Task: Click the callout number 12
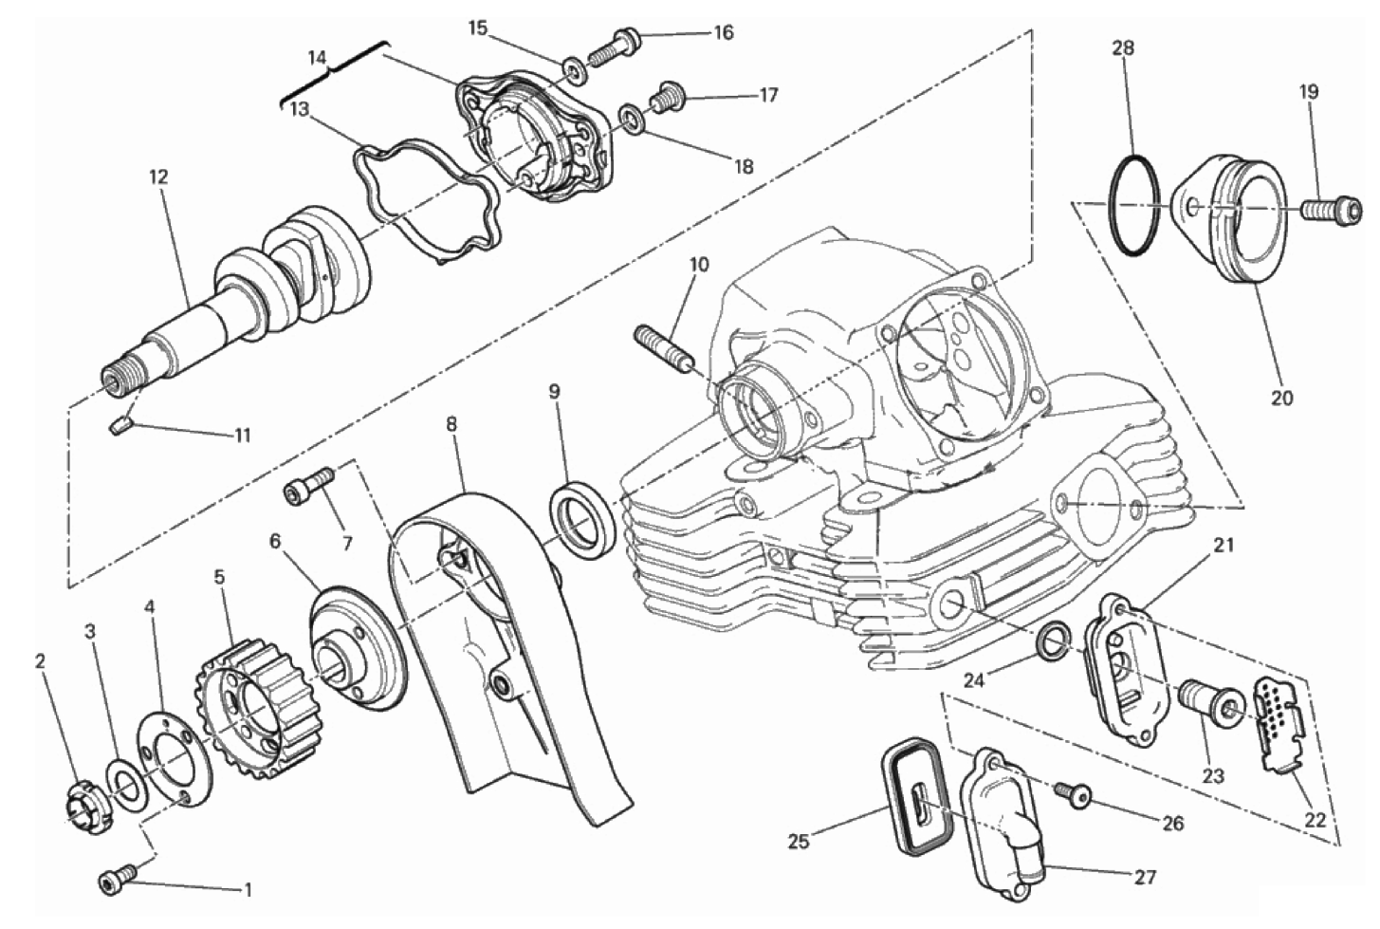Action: click(x=158, y=177)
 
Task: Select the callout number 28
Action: click(x=1123, y=48)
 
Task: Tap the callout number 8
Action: click(x=451, y=424)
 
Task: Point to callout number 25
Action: click(x=799, y=842)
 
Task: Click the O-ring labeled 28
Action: click(x=1133, y=209)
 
